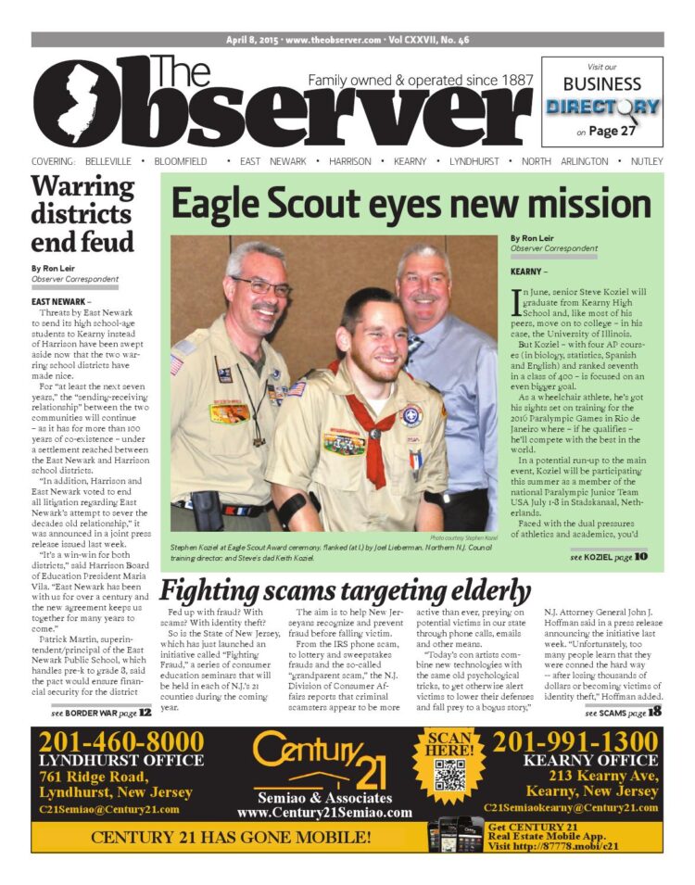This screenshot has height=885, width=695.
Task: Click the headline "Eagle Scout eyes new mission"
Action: [x=411, y=205]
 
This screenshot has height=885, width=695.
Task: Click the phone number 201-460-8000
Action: [x=121, y=742]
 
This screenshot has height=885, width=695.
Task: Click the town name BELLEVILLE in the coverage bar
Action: [x=100, y=161]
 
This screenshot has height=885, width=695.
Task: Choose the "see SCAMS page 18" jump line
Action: [x=623, y=712]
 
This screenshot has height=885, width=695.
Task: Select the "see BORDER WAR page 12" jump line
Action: [x=102, y=712]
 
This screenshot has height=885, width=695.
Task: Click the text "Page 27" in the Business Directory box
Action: [x=612, y=131]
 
